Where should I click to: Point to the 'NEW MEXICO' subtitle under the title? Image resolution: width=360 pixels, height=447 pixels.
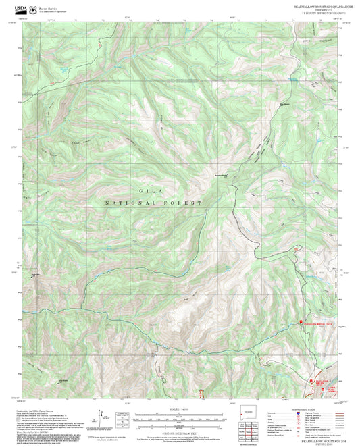317,9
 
